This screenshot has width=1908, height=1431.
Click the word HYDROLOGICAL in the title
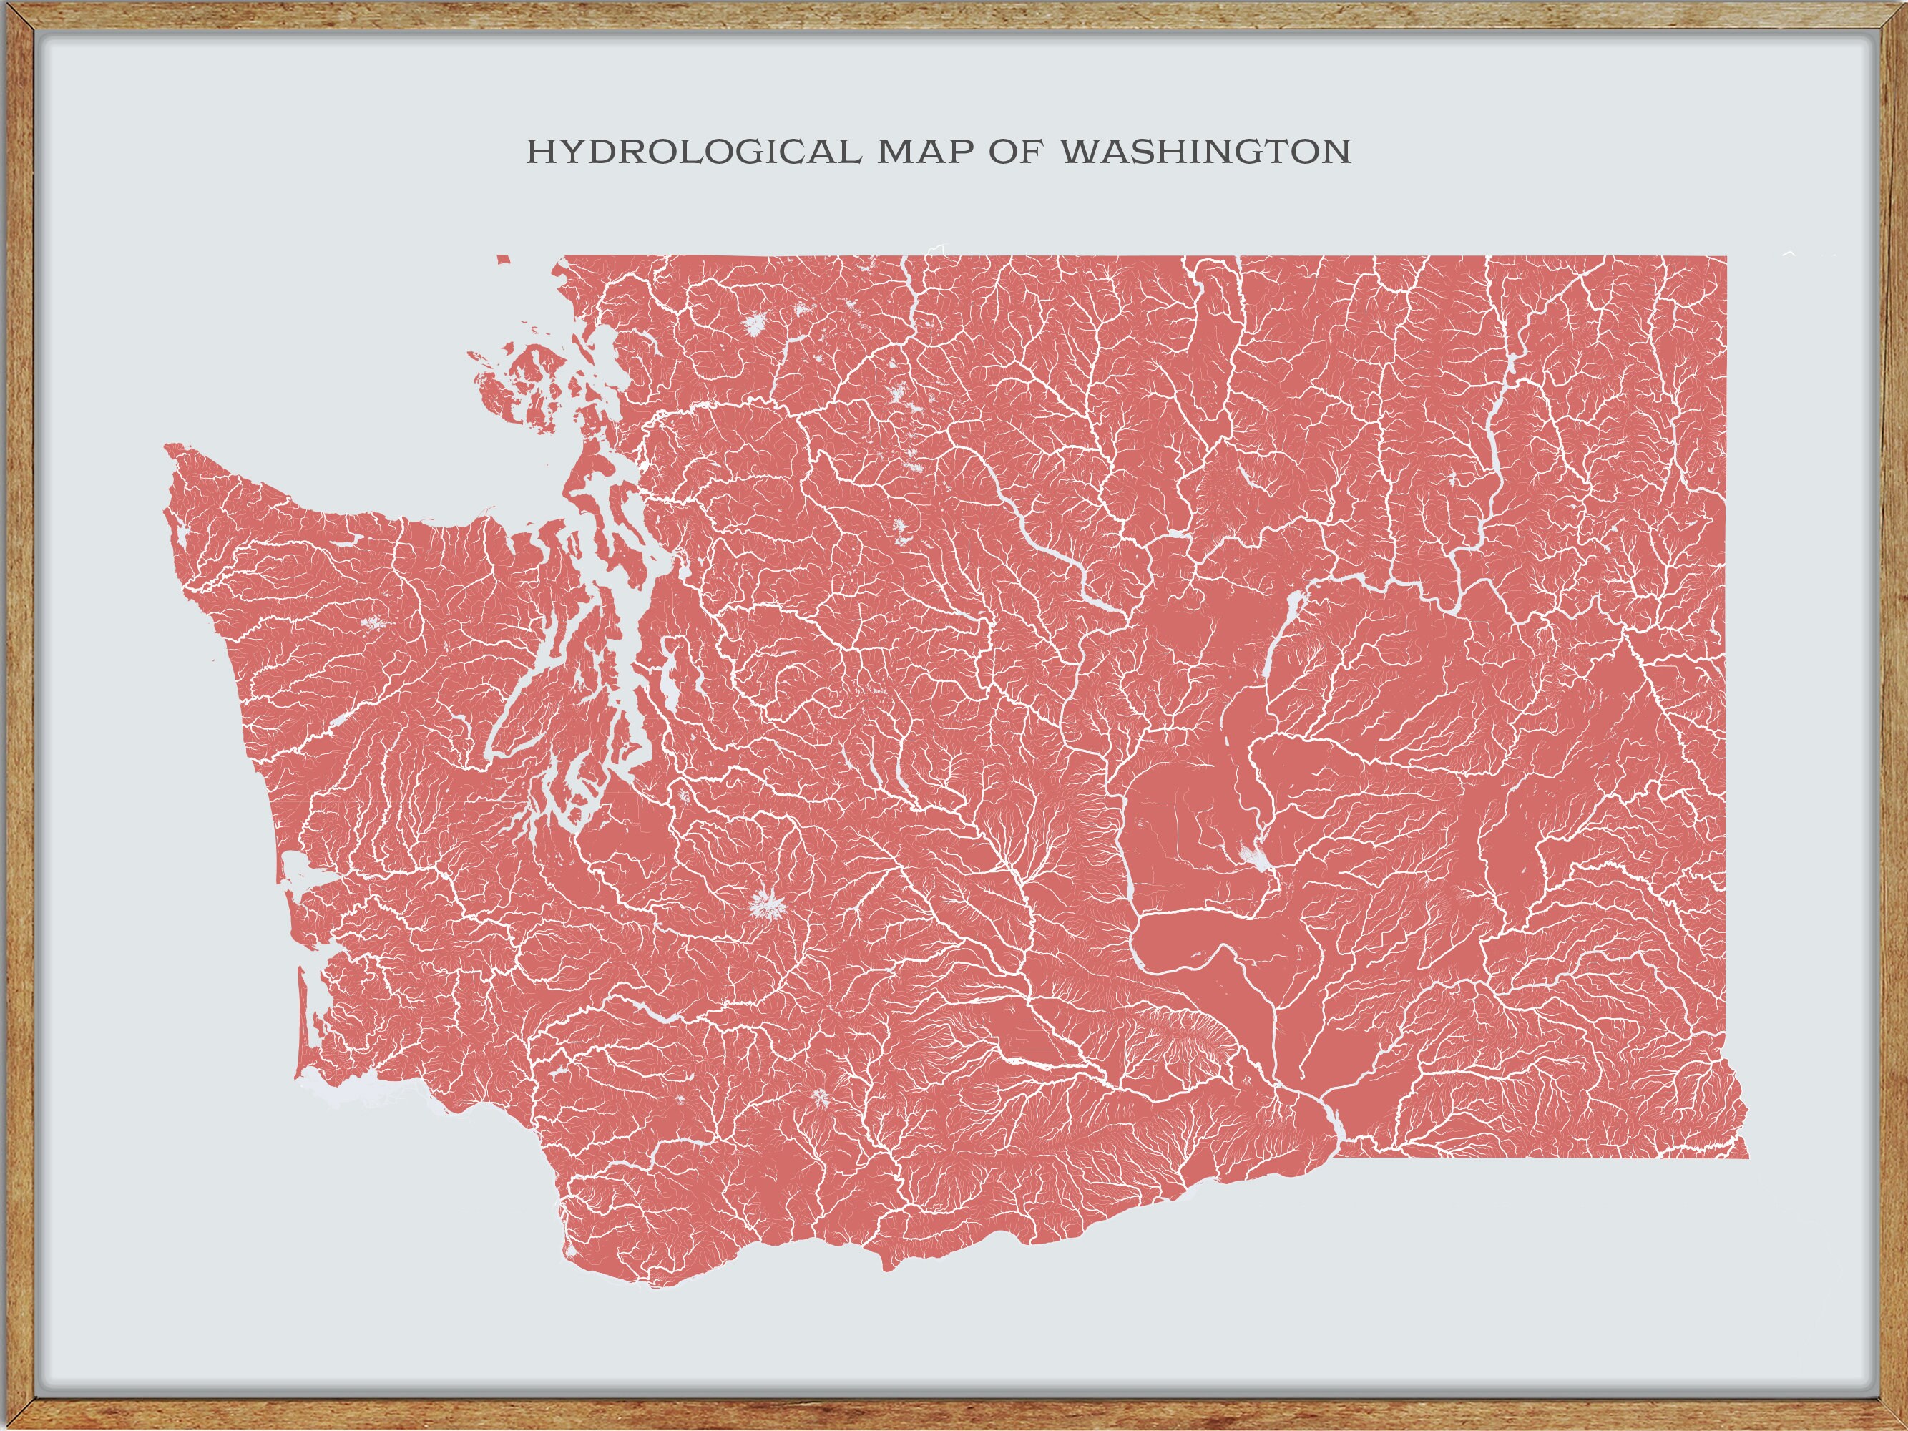693,152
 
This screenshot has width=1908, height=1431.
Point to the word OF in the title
1015,152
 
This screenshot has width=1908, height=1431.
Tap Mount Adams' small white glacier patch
818,1098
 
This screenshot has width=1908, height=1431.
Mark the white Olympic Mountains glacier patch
374,622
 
